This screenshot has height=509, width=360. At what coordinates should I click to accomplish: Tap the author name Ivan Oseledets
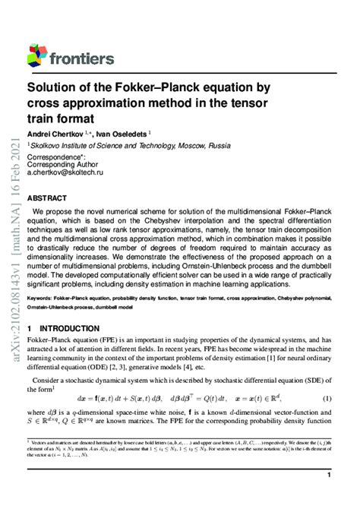point(125,133)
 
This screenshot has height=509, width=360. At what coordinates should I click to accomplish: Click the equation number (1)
point(327,398)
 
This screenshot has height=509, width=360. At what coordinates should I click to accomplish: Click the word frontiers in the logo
point(81,58)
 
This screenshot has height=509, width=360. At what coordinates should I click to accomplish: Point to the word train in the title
point(43,118)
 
